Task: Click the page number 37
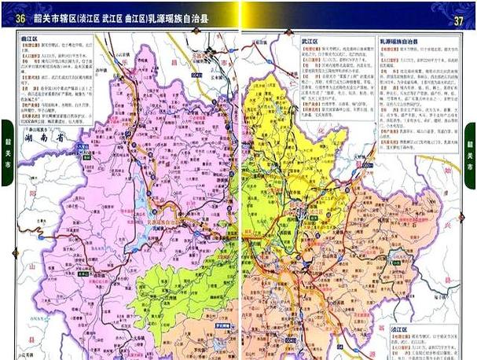[x=459, y=20]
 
